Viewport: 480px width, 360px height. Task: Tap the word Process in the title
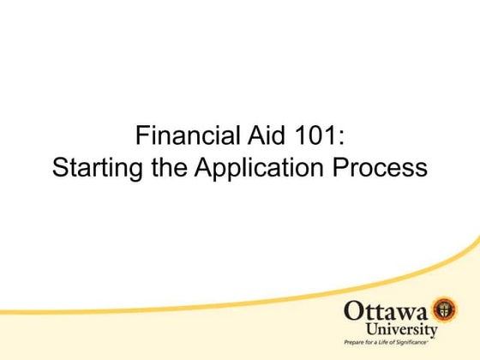(x=382, y=167)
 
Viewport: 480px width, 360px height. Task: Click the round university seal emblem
(x=442, y=309)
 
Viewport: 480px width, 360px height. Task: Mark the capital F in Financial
(x=142, y=136)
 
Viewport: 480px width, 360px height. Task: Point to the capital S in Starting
(x=60, y=167)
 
